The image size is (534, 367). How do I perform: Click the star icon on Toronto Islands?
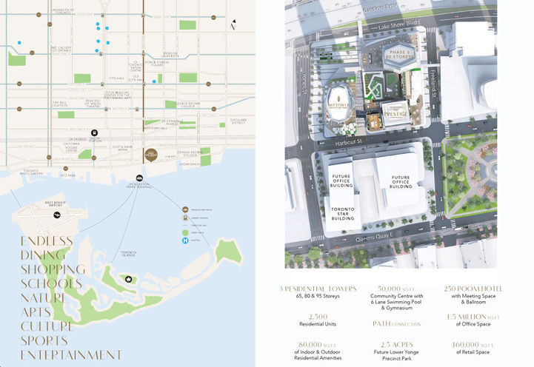[x=129, y=279]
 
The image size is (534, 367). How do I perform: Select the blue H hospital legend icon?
[x=184, y=240]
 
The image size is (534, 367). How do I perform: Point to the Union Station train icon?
[x=94, y=132]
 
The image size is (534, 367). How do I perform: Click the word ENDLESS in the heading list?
[x=47, y=241]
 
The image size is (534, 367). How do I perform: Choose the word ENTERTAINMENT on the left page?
[x=71, y=354]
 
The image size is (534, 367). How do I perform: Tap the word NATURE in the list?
[x=44, y=297]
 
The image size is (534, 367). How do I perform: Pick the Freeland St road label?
[x=433, y=75]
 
